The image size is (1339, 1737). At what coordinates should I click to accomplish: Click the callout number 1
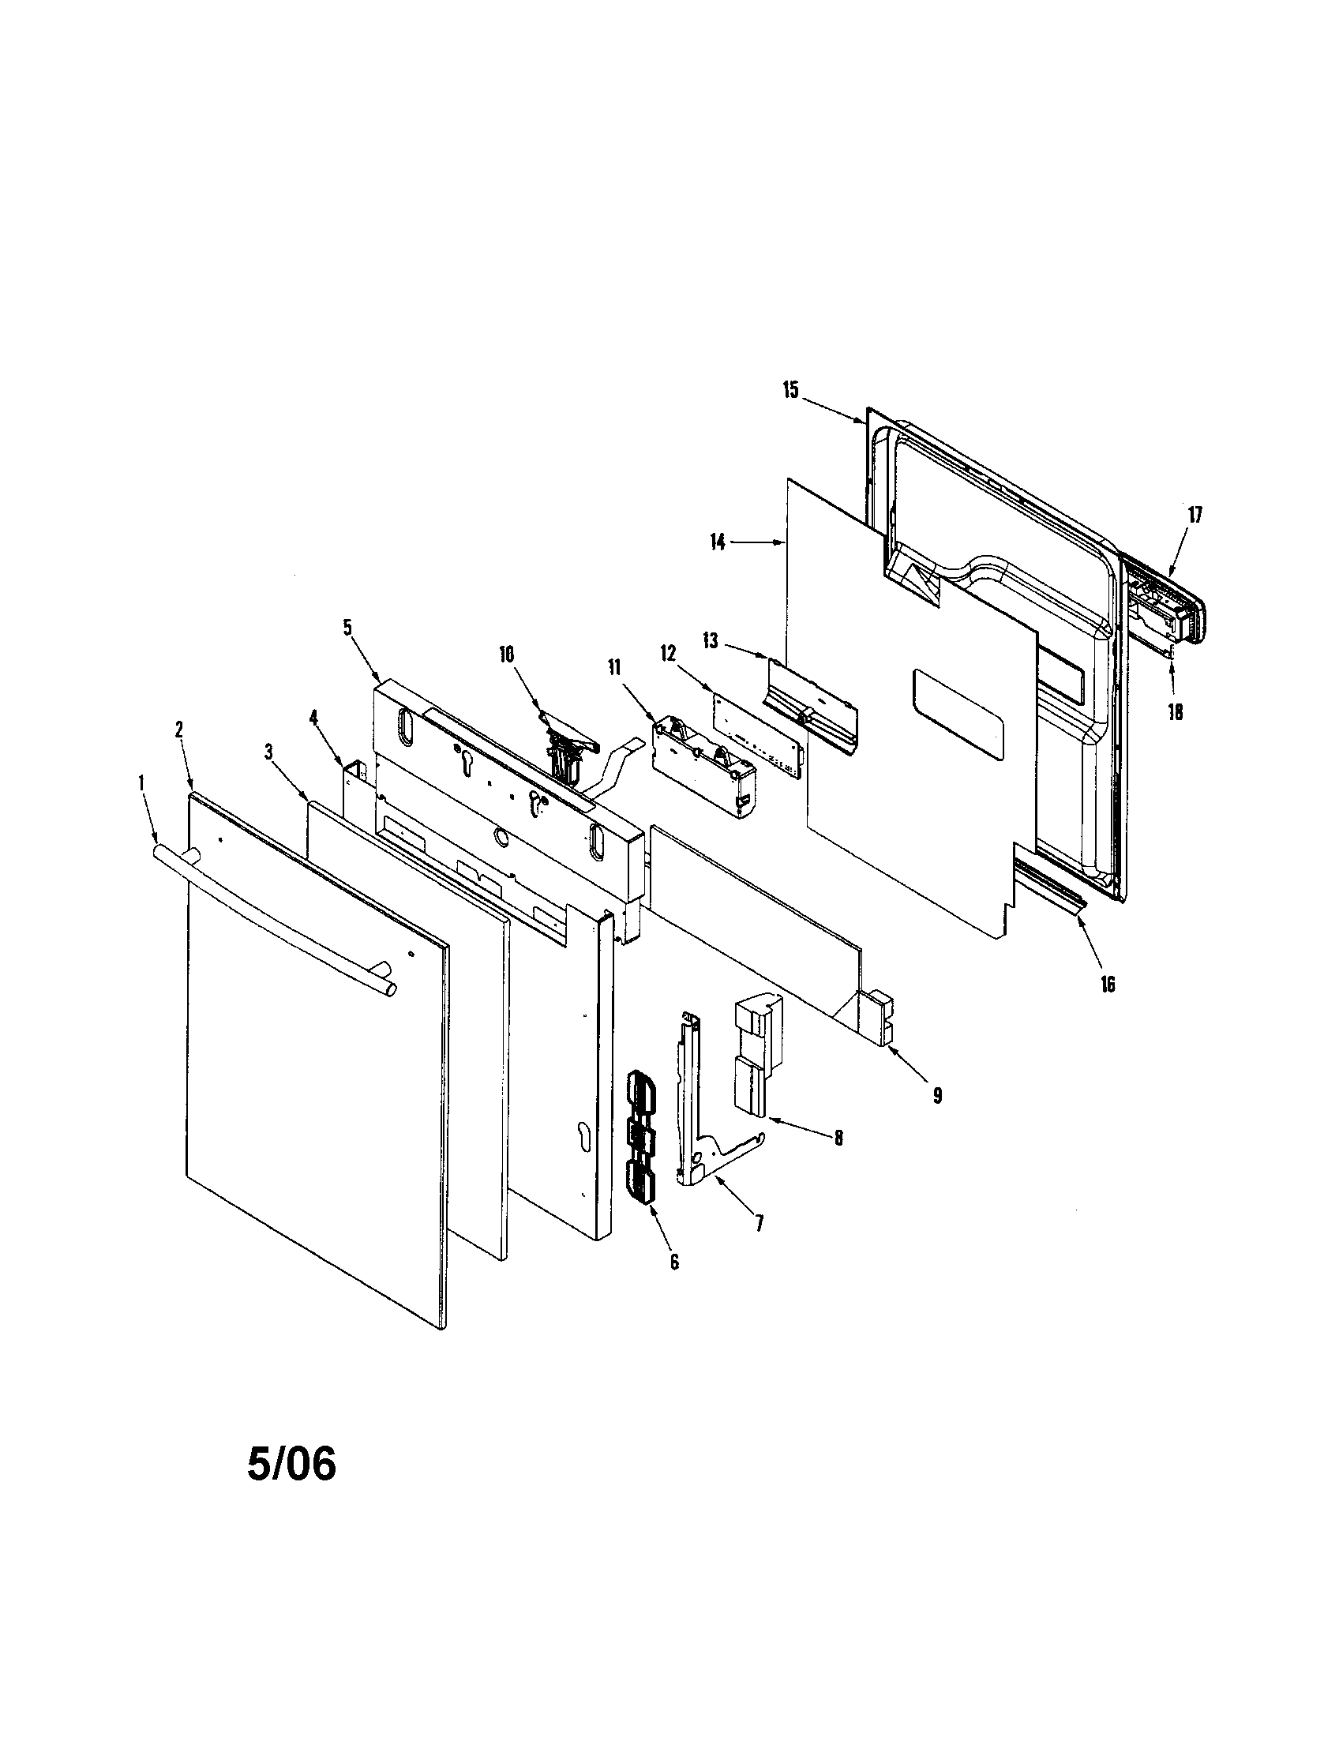click(141, 783)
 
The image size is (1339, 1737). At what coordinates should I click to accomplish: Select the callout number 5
click(347, 627)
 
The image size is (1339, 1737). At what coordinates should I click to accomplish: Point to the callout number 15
click(790, 391)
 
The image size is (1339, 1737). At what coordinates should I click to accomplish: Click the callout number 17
click(1195, 515)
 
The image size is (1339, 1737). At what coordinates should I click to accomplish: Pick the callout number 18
click(1176, 713)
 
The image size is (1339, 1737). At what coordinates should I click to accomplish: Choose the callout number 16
click(1108, 985)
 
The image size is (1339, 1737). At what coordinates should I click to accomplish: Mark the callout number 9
click(938, 1095)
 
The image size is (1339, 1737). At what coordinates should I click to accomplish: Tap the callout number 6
click(675, 1262)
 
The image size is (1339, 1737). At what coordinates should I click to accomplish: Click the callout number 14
click(718, 543)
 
